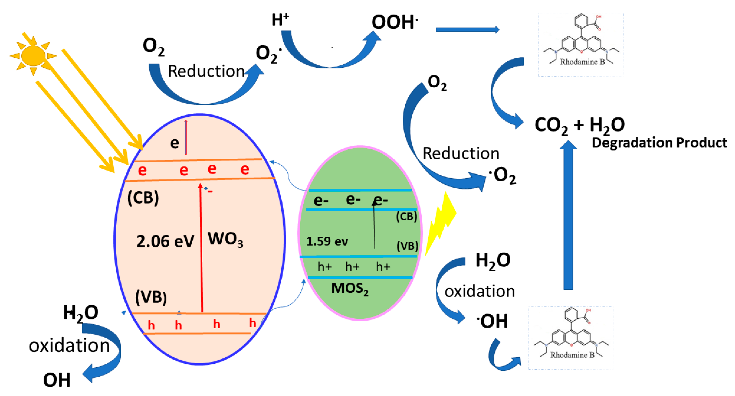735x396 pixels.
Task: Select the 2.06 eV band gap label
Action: point(165,241)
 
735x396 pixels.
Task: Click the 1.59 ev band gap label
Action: point(327,241)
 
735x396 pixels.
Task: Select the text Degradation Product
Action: point(659,143)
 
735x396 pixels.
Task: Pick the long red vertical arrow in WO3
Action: point(201,249)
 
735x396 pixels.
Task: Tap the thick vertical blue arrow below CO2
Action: point(568,217)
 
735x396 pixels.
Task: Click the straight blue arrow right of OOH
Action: point(467,29)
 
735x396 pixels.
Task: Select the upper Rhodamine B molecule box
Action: point(581,44)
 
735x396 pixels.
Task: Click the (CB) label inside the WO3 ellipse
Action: point(143,197)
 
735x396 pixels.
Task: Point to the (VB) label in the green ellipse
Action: point(407,246)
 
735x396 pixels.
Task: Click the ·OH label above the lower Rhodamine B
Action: point(492,321)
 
